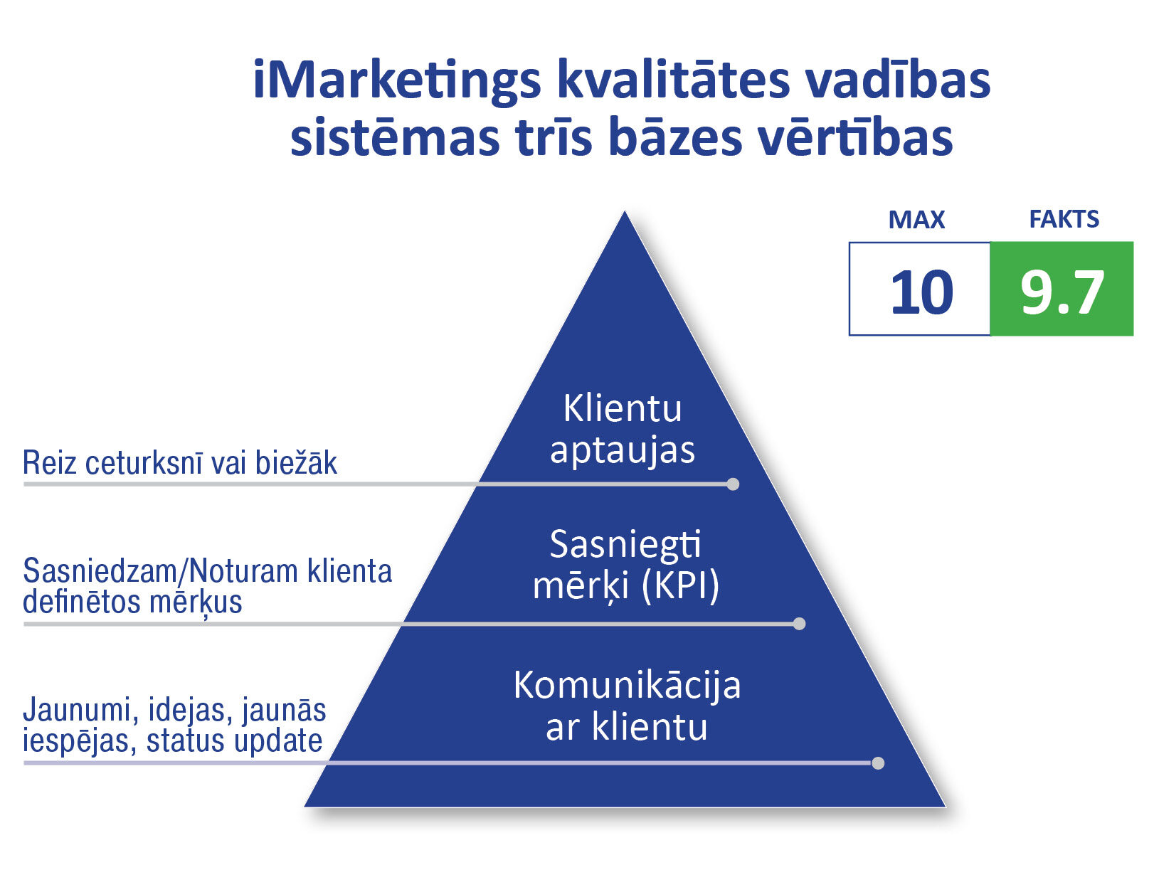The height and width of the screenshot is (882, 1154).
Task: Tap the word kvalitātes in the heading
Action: (x=674, y=79)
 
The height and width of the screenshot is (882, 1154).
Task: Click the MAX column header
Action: (x=916, y=220)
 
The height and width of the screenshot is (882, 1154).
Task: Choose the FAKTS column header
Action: (x=1064, y=219)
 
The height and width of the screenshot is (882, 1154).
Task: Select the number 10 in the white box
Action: (x=921, y=292)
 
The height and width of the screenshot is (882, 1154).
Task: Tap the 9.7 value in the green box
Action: (x=1062, y=292)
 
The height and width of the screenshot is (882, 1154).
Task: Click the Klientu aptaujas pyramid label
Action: (x=623, y=430)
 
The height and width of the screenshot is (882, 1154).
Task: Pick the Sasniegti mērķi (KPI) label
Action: (x=625, y=566)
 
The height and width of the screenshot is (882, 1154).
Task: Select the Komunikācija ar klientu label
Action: (x=627, y=706)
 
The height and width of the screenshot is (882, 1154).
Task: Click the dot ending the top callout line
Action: (x=733, y=484)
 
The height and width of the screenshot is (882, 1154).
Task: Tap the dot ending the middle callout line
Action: (x=799, y=624)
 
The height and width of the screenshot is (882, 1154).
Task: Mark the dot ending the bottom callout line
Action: (x=878, y=763)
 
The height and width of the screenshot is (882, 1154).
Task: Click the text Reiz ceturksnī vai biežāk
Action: (x=180, y=463)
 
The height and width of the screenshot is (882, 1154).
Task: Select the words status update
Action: (x=235, y=741)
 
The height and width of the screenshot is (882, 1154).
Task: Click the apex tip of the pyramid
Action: (x=625, y=212)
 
